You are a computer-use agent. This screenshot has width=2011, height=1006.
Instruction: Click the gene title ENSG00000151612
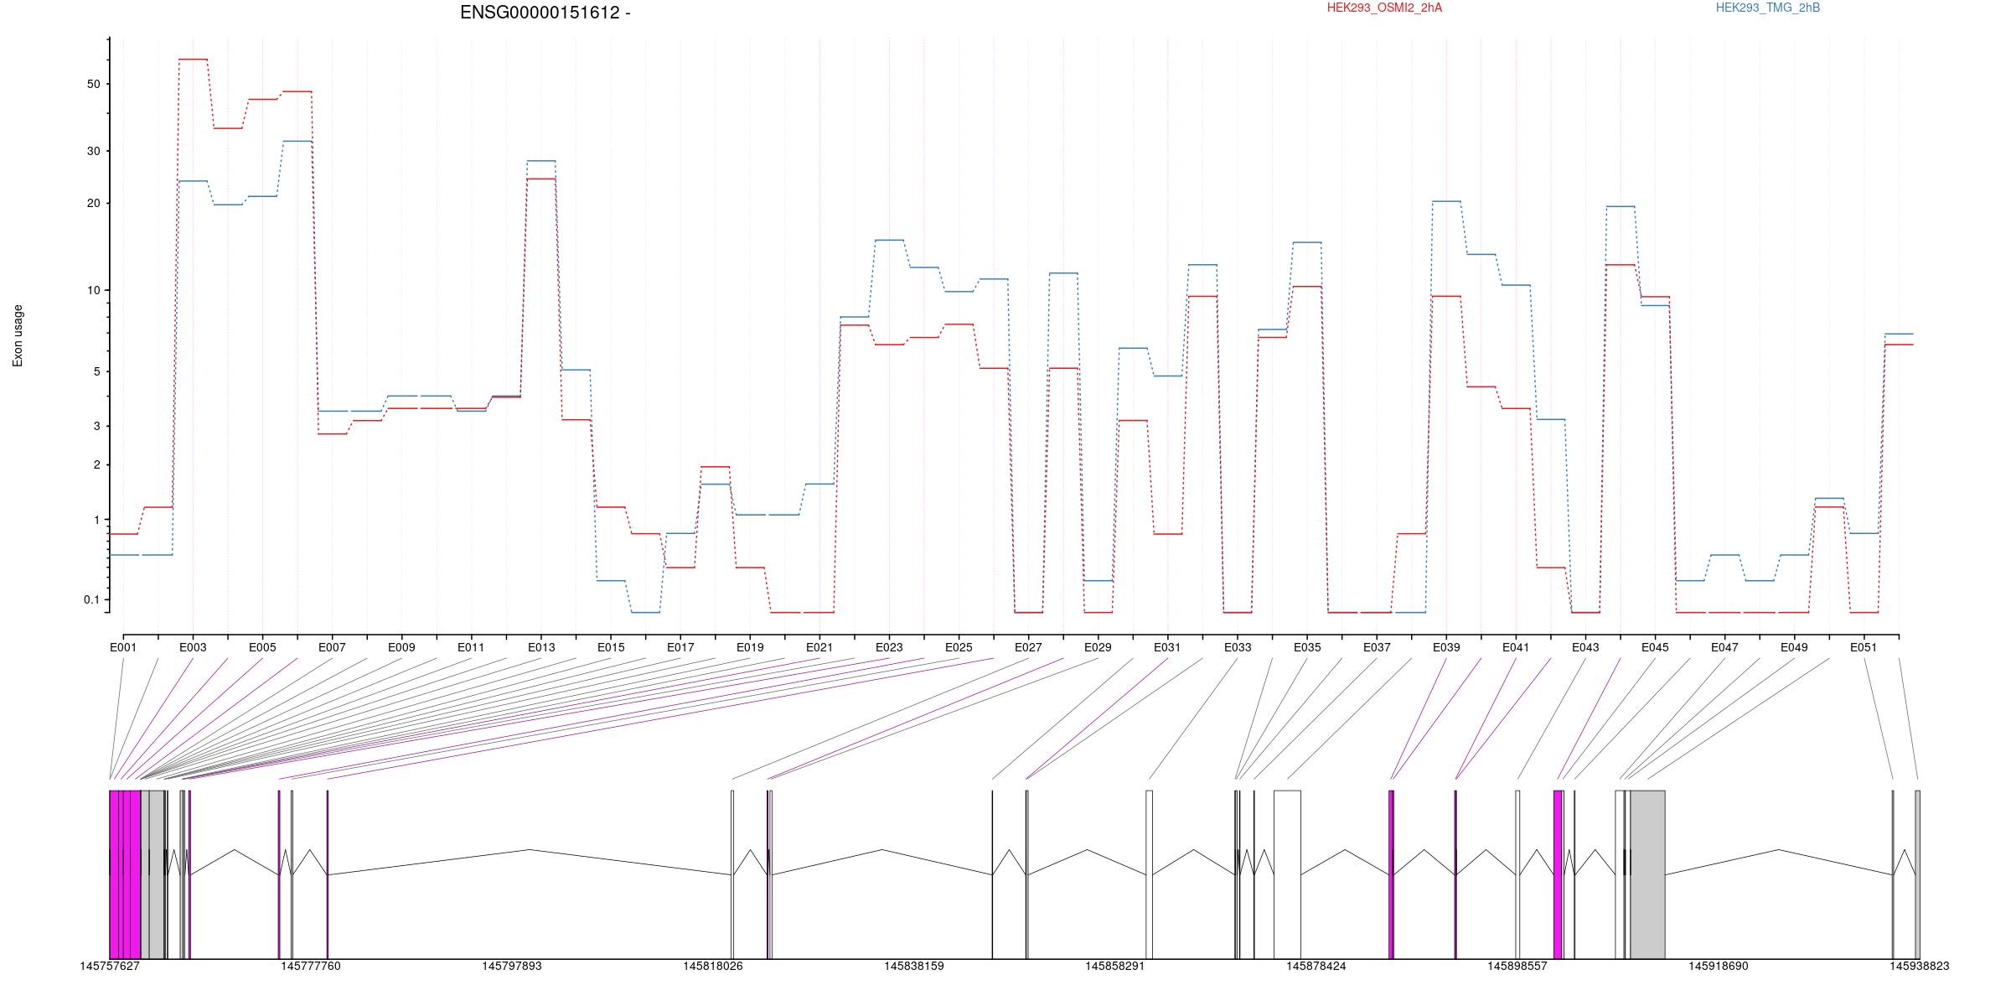click(540, 13)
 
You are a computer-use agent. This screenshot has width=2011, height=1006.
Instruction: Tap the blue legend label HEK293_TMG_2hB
click(1768, 8)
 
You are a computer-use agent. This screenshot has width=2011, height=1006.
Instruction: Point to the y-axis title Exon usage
click(18, 335)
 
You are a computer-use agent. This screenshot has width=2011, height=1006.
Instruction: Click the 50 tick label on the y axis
click(92, 84)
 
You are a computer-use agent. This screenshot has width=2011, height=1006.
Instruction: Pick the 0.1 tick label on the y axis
click(91, 599)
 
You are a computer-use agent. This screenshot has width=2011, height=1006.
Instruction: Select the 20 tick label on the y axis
click(92, 203)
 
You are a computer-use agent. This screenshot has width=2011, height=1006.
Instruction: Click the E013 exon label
click(541, 647)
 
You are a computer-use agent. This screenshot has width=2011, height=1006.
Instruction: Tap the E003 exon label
click(193, 647)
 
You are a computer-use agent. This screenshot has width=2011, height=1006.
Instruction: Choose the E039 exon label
click(1446, 647)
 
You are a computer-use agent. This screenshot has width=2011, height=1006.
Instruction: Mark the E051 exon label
click(1864, 647)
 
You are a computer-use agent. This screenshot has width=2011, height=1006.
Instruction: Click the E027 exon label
click(1028, 647)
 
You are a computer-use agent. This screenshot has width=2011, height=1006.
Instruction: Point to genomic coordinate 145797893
click(511, 966)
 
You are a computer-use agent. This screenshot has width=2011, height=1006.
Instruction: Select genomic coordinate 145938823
click(1919, 966)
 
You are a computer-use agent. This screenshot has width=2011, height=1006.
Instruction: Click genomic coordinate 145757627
click(110, 966)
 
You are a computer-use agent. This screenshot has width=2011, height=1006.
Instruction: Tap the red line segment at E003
click(193, 60)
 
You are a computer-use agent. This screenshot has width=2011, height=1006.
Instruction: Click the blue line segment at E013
click(541, 160)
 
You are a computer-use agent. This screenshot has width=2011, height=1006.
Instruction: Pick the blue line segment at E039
click(1446, 201)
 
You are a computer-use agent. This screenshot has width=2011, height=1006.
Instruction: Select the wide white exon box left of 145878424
click(1287, 874)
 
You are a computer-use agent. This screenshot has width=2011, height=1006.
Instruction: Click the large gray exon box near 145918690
click(1647, 874)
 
